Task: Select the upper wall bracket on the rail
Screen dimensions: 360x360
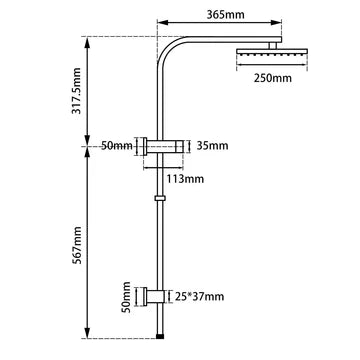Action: [x=165, y=146]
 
